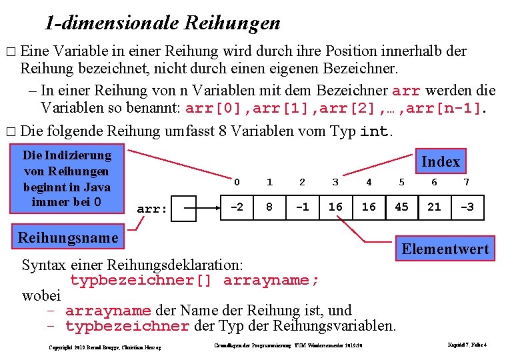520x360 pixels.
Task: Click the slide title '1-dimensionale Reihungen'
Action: (x=163, y=23)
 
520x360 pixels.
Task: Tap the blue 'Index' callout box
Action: (x=440, y=161)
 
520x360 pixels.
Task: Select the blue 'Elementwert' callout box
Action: (x=445, y=249)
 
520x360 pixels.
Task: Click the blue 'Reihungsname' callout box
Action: (x=67, y=237)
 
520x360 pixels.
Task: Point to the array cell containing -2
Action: (x=237, y=207)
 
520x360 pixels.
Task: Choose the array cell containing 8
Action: (x=269, y=207)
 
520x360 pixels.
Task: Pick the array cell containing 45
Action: (x=401, y=207)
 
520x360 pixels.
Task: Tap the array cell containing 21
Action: (x=434, y=207)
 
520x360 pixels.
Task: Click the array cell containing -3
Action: (x=467, y=207)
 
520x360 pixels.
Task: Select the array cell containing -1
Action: (x=302, y=207)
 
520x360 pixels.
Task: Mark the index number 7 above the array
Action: (x=467, y=182)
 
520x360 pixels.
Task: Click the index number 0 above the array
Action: (x=237, y=182)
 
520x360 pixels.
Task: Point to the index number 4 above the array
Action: (x=369, y=182)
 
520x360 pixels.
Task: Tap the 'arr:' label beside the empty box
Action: (x=151, y=209)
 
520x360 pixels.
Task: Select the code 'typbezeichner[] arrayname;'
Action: (x=195, y=280)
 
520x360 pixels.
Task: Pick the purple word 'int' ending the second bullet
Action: (x=374, y=132)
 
